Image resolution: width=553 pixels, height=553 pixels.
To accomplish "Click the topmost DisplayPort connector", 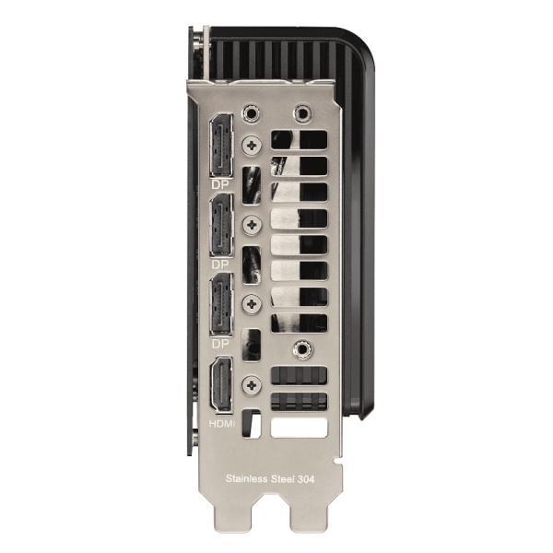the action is pyautogui.click(x=221, y=145).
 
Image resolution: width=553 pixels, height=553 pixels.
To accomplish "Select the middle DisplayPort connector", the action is pyautogui.click(x=221, y=225).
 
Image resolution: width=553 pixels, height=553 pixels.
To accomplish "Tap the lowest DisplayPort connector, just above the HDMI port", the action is pyautogui.click(x=221, y=303).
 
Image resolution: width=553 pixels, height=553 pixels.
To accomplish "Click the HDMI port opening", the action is pyautogui.click(x=221, y=383).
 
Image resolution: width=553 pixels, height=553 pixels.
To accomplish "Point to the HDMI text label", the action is pyautogui.click(x=222, y=423).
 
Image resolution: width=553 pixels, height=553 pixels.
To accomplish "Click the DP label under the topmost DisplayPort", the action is pyautogui.click(x=220, y=184).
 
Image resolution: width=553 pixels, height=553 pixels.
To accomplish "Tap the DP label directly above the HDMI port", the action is pyautogui.click(x=220, y=344).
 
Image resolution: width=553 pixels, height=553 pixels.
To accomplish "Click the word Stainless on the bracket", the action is pyautogui.click(x=246, y=478).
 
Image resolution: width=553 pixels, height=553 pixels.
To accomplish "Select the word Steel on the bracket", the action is pyautogui.click(x=283, y=479).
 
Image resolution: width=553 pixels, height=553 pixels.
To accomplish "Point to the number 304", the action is pyautogui.click(x=306, y=479).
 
